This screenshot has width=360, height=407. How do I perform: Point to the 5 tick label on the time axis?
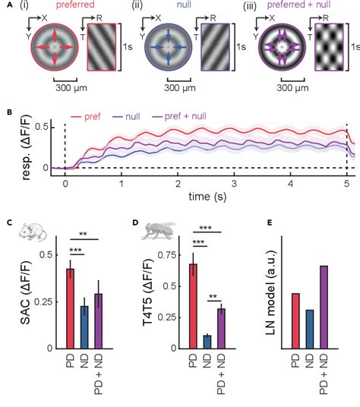[x=346, y=183]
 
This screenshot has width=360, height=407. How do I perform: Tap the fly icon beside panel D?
[x=155, y=228]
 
